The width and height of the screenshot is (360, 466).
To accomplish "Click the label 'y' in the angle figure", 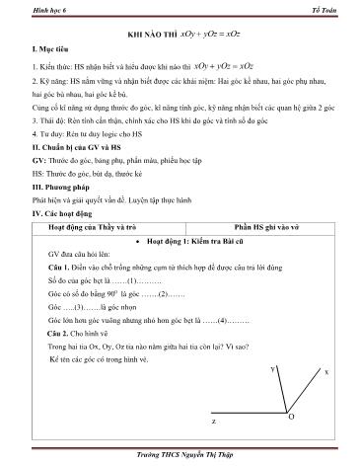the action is (x=271, y=368).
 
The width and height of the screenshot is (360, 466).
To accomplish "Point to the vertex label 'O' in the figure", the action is (x=291, y=419).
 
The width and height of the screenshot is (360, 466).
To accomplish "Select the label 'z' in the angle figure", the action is (x=213, y=421).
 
